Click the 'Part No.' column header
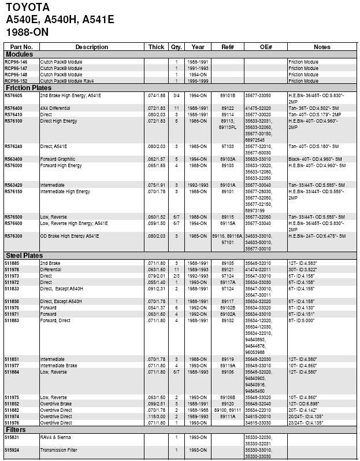coord(21,47)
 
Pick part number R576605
coord(13,95)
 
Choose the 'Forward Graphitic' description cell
coord(58,158)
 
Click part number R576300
coord(13,236)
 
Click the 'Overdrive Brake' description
coord(57,403)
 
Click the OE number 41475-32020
coord(258,108)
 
